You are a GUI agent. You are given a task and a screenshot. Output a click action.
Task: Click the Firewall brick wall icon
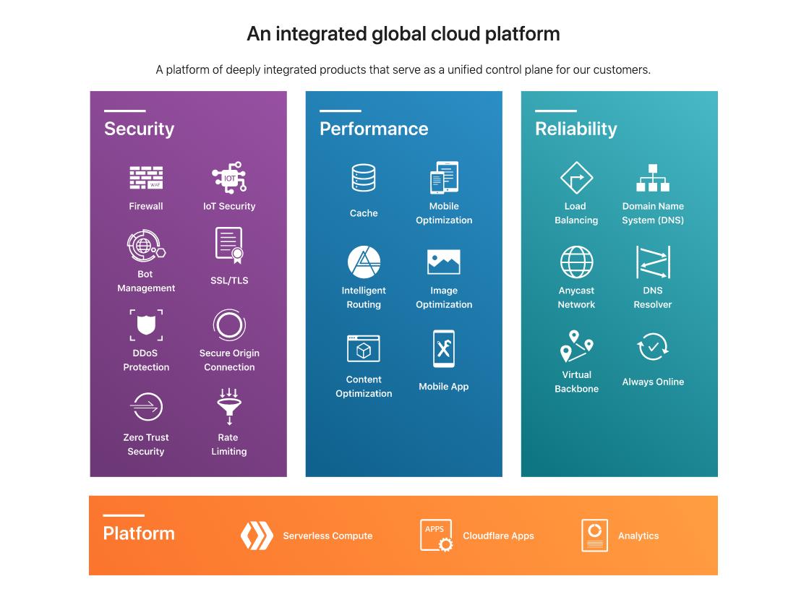[x=146, y=178]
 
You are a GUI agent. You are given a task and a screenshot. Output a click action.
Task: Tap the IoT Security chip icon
[x=229, y=178]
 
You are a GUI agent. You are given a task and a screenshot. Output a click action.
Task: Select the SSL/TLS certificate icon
[x=229, y=246]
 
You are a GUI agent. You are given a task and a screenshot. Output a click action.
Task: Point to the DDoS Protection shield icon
[x=146, y=325]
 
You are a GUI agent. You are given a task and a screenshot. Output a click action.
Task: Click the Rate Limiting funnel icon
[x=229, y=407]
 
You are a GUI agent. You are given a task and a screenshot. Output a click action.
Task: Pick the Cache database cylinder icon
[x=364, y=178]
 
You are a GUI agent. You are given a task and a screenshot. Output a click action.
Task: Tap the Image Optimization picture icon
[x=444, y=262]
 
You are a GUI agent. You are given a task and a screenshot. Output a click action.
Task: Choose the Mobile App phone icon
[x=444, y=350]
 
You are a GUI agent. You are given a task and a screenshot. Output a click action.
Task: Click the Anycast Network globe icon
[x=576, y=262]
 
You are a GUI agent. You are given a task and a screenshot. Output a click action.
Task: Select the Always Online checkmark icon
[x=653, y=348]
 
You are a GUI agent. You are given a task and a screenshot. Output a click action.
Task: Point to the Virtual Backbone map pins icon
[x=576, y=346]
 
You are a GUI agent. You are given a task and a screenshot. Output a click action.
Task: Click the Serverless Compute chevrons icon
[x=257, y=536]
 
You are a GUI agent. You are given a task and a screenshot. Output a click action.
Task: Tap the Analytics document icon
[x=594, y=536]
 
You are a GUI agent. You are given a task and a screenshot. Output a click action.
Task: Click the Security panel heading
[x=139, y=129]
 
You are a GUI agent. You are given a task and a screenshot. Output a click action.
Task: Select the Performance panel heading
[x=374, y=129]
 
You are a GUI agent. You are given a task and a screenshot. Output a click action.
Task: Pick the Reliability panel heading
[x=575, y=129]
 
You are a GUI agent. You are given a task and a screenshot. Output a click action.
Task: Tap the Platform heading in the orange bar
[x=139, y=533]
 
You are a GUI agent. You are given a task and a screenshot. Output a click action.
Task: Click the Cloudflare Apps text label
[x=498, y=536]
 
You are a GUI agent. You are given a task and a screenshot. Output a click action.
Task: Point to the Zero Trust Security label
[x=146, y=444]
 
